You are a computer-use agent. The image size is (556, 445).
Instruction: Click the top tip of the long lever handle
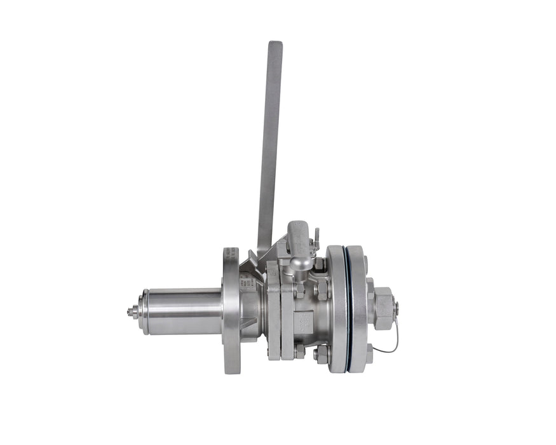(275, 44)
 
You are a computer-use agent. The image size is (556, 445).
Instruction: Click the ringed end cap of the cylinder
(144, 311)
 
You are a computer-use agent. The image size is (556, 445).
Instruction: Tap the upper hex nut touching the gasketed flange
(322, 289)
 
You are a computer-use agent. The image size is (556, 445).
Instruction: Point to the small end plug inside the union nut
(396, 308)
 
